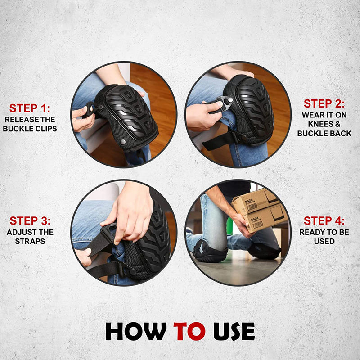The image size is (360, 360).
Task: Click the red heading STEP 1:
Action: coord(30,108)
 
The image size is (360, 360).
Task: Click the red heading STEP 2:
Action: coord(324,103)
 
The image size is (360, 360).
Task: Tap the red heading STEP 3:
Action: coord(30,221)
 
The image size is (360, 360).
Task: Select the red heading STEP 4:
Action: coord(324,221)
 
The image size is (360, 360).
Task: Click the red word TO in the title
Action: coord(189,331)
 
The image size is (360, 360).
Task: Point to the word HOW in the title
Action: coord(136,331)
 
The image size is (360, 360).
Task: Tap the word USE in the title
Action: coord(234,331)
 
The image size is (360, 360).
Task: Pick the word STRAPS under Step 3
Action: coord(30,241)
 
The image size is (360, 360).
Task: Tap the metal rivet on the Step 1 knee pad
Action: coord(123,142)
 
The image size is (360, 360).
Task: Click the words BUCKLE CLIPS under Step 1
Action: coord(30,129)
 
